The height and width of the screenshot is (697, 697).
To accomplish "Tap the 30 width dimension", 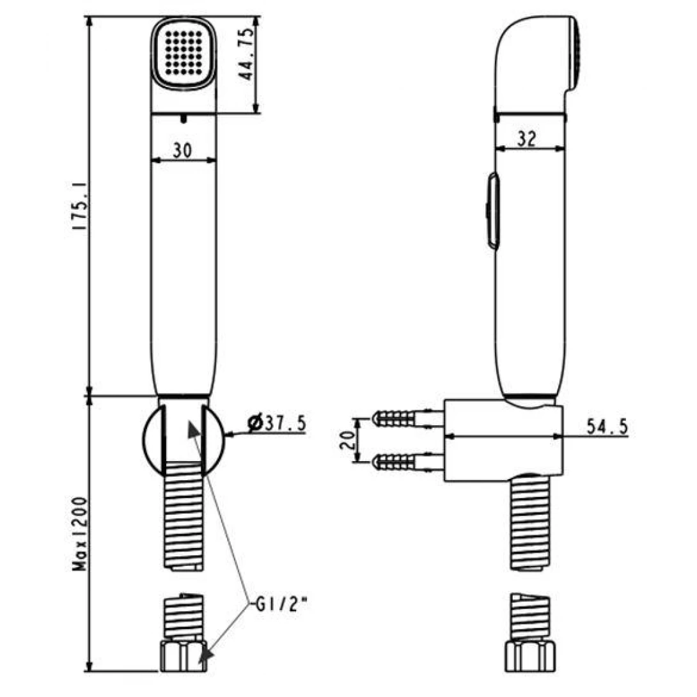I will pos(182,150).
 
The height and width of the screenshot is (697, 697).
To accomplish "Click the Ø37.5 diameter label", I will pos(277,423).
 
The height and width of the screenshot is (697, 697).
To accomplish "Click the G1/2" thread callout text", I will pos(275,603).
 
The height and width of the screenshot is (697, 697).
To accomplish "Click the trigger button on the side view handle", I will pos(493,210).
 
